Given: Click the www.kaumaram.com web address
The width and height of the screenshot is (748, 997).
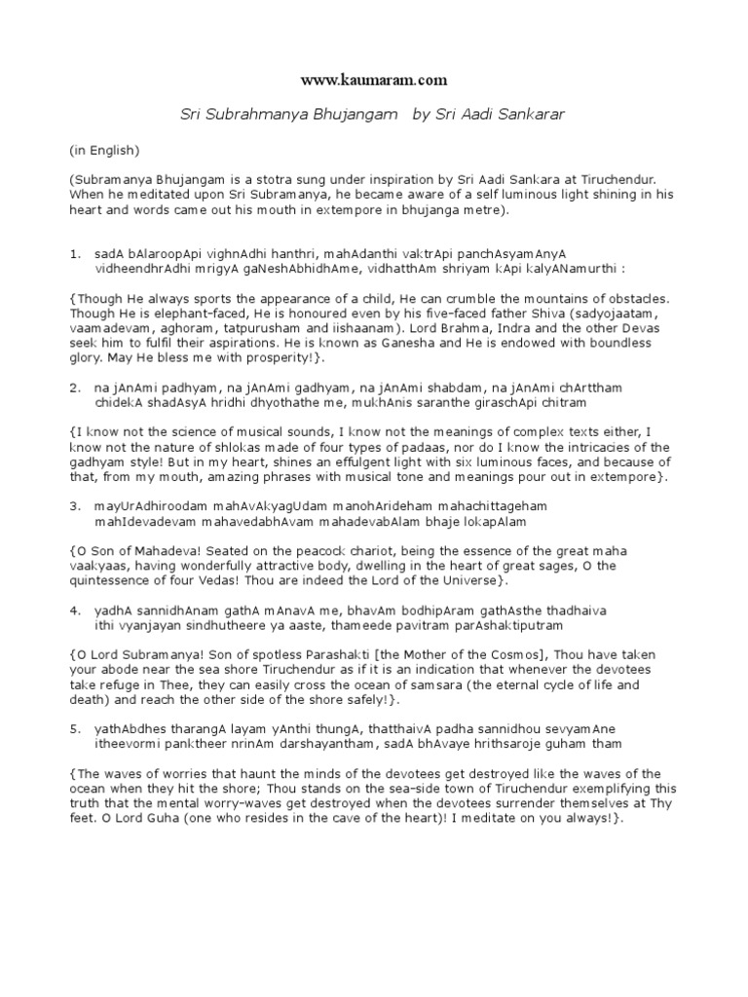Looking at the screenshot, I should point(375,79).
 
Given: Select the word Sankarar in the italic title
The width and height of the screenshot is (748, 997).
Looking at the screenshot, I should point(532,115).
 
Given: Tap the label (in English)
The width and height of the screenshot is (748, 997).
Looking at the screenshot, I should point(104,151).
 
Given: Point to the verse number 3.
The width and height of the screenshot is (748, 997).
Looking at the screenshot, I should point(73,505).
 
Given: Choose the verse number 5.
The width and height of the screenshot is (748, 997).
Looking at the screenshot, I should point(73,729).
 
